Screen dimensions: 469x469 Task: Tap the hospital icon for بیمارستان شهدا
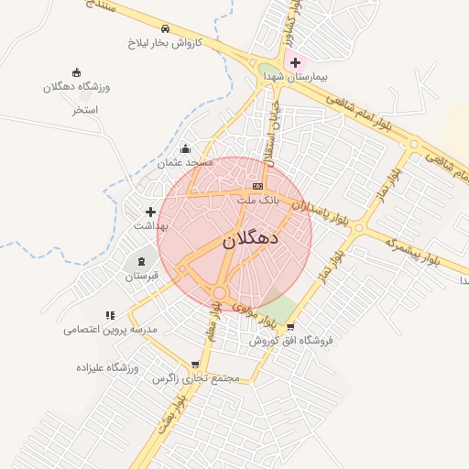pos(295,63)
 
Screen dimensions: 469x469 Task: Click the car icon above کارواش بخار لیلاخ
pos(164,28)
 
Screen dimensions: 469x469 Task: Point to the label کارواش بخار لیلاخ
pos(162,43)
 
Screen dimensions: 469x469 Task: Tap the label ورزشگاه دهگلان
pos(76,87)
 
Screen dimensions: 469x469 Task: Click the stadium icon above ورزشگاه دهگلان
pos(76,72)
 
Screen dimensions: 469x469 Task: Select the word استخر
pos(85,109)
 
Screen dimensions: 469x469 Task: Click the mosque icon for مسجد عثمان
pos(186,148)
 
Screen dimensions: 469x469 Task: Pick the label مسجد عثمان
pos(185,163)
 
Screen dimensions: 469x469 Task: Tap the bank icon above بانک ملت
pos(257,186)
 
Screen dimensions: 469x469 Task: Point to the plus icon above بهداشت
pos(150,212)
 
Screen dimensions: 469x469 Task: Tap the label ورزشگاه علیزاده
pos(108,367)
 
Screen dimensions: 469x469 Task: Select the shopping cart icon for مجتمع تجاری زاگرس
pos(194,364)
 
